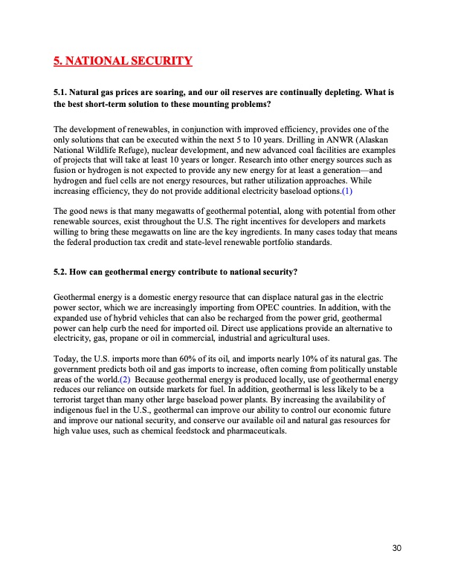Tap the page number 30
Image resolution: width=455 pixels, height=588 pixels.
tap(396, 548)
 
